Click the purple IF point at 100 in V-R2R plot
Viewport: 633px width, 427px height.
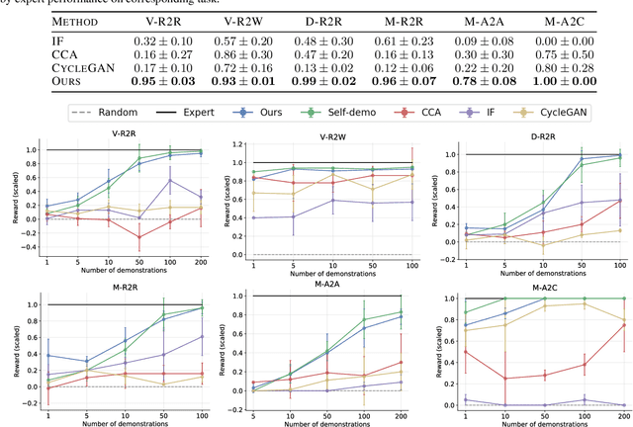click(x=172, y=180)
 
